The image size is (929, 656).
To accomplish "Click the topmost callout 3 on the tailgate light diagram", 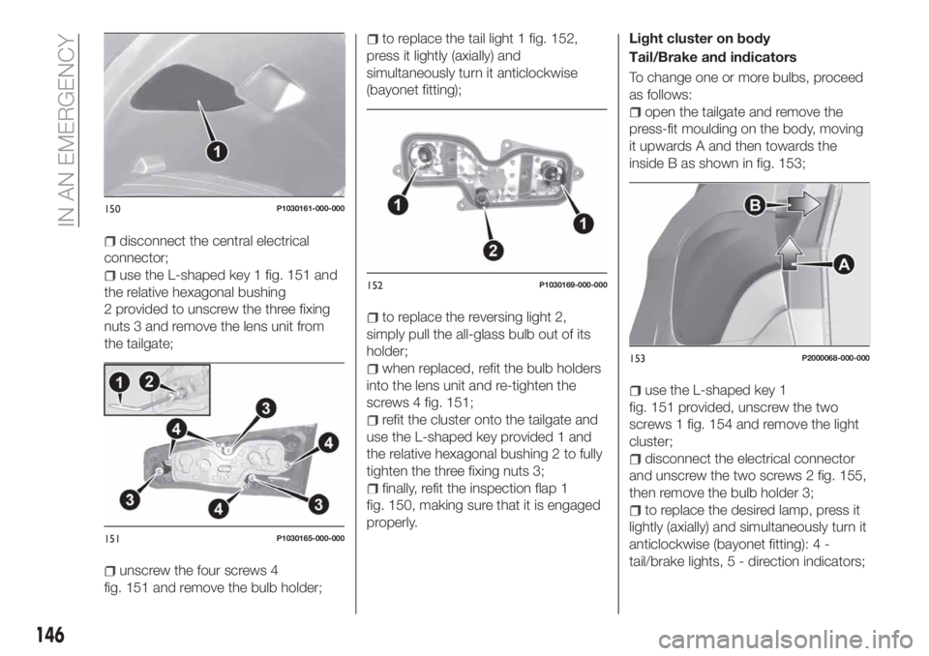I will [x=261, y=405].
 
